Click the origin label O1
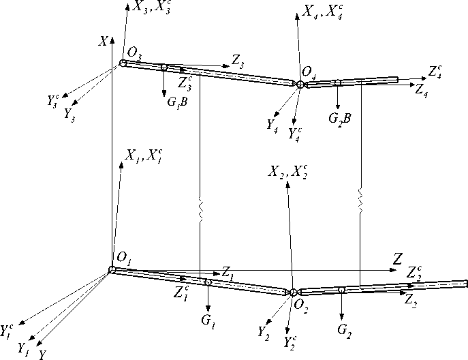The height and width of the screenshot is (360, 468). coord(123,258)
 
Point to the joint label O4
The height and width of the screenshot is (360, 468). coord(309,72)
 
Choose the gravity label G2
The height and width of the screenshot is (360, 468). coord(345,331)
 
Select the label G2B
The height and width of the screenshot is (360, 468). coord(339,118)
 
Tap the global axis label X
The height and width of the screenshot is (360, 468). coord(104,42)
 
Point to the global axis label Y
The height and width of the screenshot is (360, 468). coord(43,354)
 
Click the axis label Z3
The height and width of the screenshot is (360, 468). coord(238,61)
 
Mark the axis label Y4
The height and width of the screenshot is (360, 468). coord(272,124)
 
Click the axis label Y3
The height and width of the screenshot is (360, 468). coord(69,115)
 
